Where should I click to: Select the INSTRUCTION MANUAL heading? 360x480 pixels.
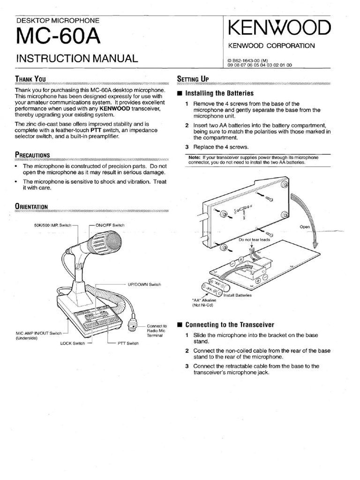77,59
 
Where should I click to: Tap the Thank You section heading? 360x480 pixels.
30,79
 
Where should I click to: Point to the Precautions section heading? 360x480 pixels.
33,154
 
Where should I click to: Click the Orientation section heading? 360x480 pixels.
31,205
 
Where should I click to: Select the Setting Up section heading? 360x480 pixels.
192,78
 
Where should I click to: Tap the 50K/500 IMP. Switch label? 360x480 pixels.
53,225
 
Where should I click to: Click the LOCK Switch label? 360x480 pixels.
73,343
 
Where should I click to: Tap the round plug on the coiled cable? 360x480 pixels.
133,325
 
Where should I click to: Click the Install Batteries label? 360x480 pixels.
237,295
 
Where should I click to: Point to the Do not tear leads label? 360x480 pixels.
255,240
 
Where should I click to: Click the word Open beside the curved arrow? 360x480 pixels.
305,227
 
